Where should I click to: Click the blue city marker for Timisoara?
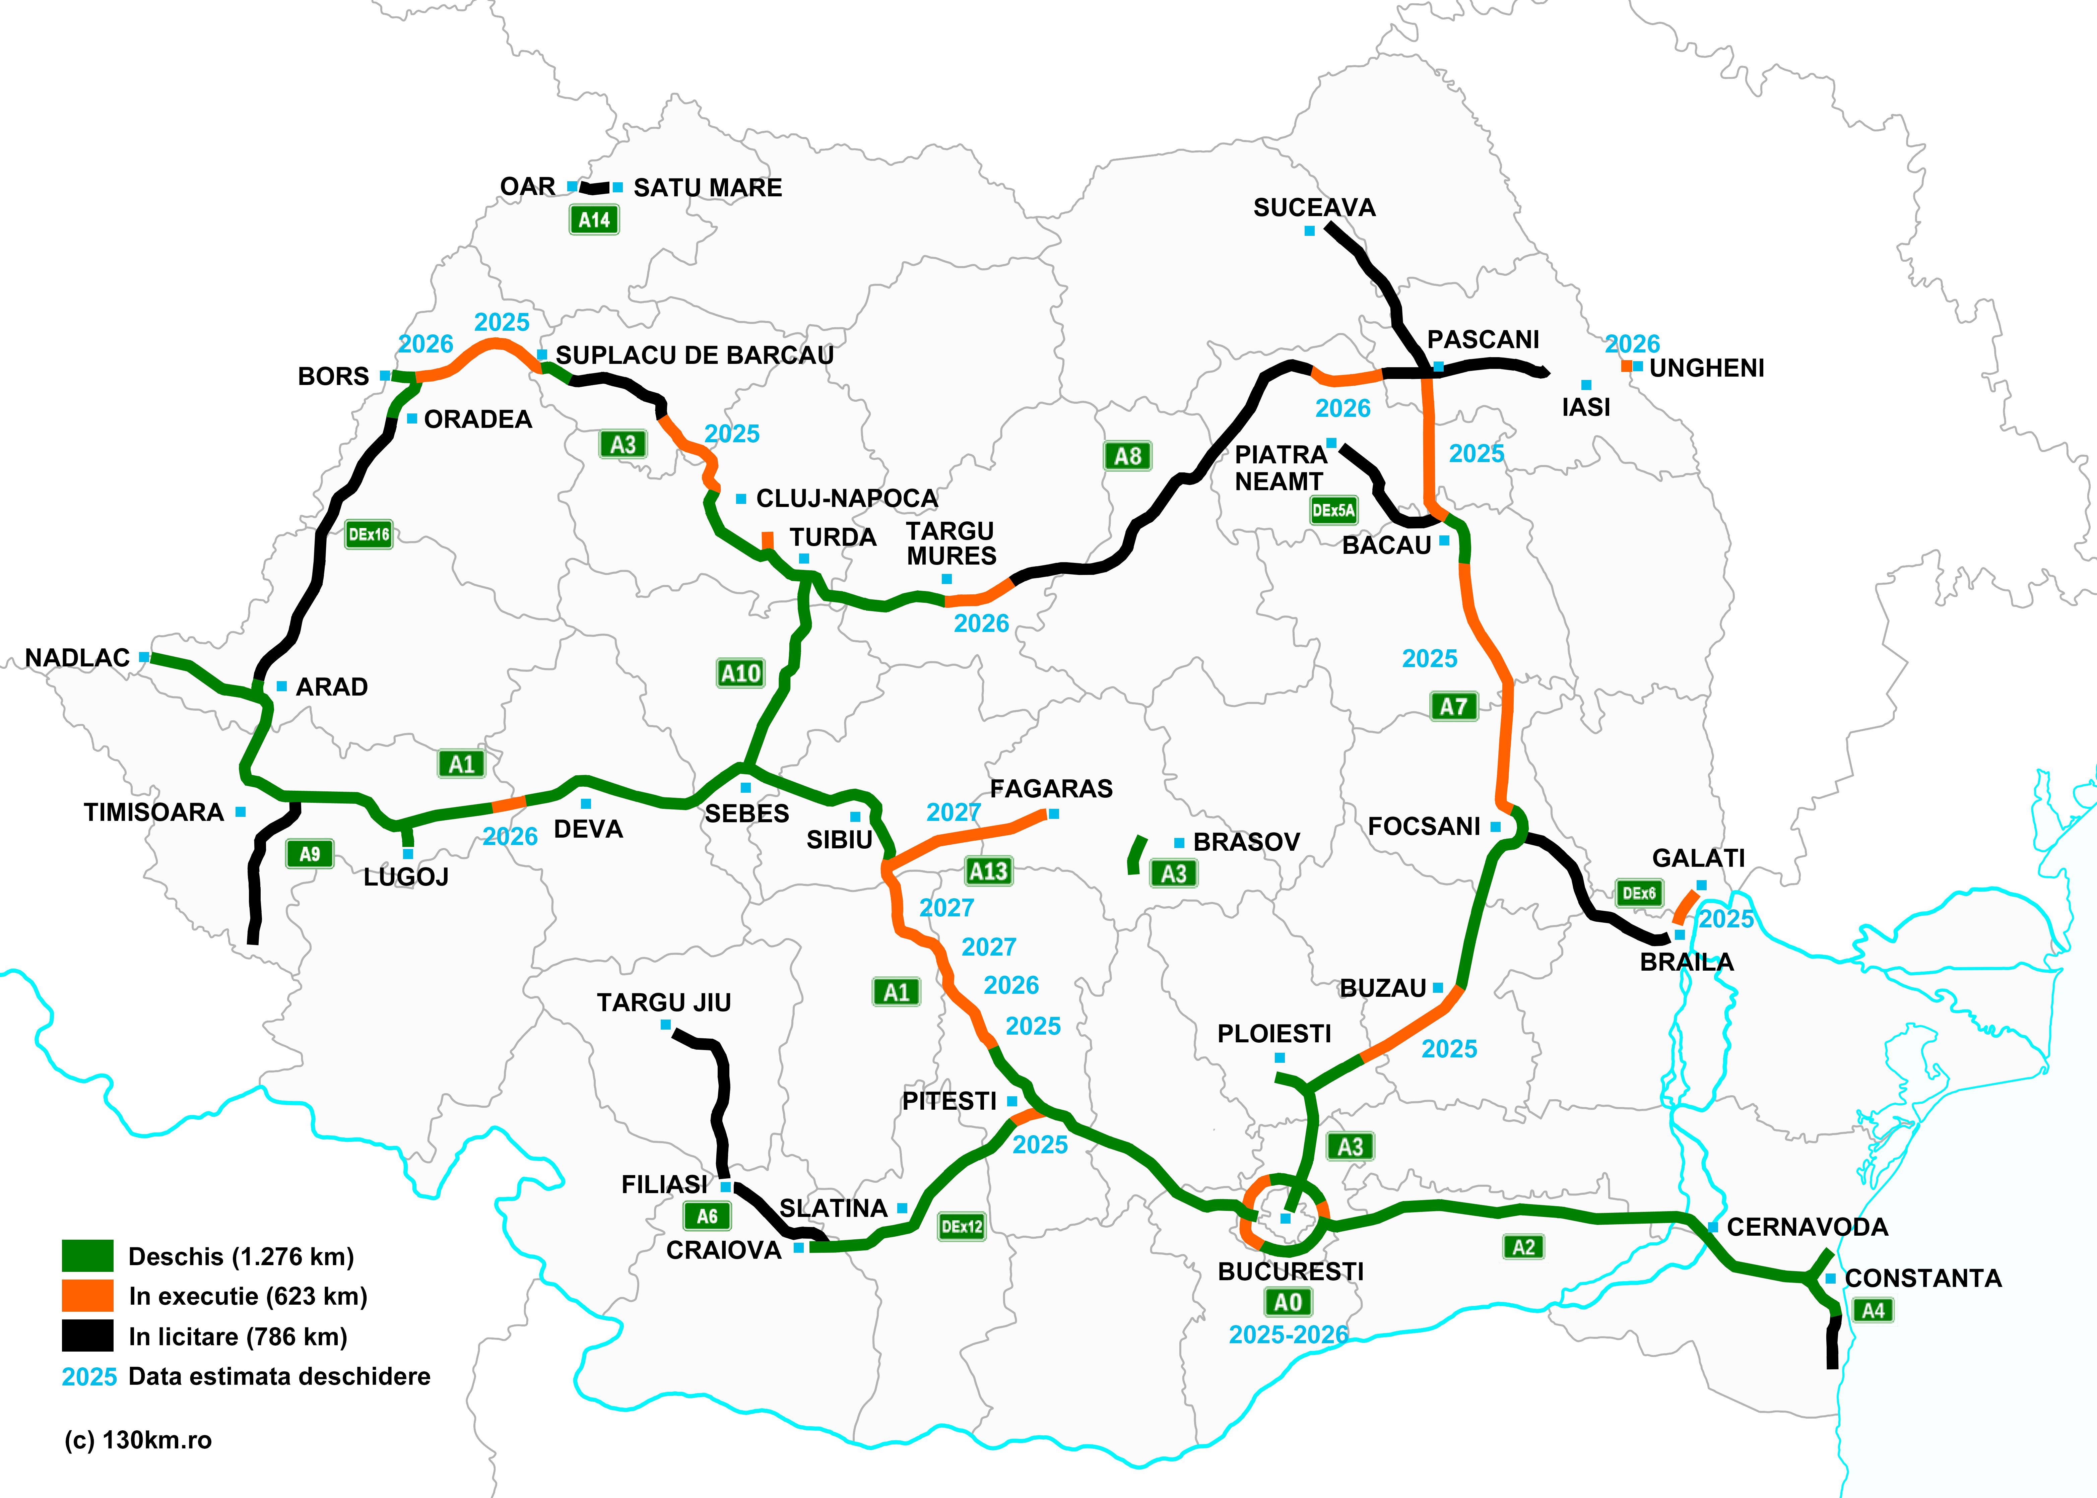(x=241, y=812)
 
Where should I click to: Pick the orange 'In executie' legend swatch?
(x=87, y=1295)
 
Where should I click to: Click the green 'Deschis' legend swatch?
(x=87, y=1255)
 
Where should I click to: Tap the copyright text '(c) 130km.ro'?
(x=138, y=1440)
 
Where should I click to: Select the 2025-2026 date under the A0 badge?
(x=1288, y=1334)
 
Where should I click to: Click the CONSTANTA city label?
(x=1923, y=1279)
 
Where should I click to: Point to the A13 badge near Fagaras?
(x=989, y=871)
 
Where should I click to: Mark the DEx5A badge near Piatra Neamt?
(x=1333, y=510)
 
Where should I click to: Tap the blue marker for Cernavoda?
(x=1712, y=1227)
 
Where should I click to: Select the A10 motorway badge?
(x=740, y=673)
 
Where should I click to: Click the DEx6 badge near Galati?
(x=1639, y=893)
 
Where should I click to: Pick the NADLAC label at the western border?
(x=77, y=658)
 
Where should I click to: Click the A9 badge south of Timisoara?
(x=310, y=854)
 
